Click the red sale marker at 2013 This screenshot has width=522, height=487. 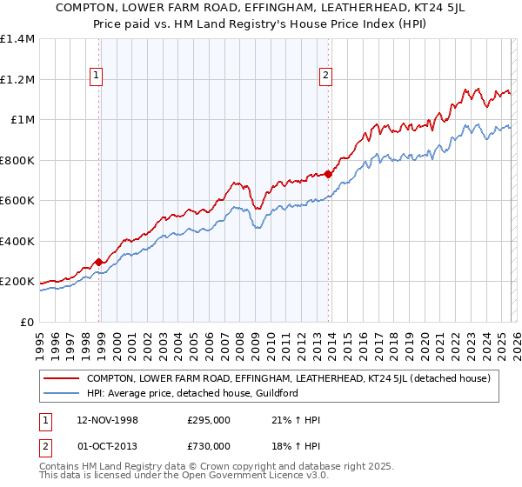point(328,174)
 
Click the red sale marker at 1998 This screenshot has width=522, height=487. point(99,262)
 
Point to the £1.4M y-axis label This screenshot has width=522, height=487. point(17,39)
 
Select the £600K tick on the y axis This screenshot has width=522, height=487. point(17,201)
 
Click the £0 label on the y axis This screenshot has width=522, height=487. point(27,322)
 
